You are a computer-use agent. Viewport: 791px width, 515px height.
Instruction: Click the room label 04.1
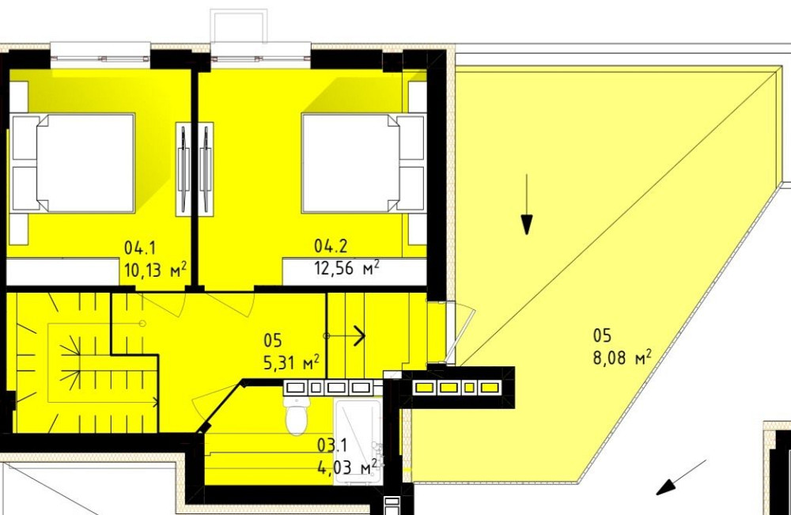pos(140,248)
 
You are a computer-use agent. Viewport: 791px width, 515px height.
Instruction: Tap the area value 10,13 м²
pos(155,269)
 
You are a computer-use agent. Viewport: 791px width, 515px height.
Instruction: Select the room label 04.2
pos(331,246)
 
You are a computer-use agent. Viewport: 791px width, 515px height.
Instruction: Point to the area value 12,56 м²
pos(346,267)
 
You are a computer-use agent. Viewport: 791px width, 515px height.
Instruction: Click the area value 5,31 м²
pos(291,362)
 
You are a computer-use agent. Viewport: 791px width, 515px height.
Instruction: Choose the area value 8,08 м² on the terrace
pos(622,357)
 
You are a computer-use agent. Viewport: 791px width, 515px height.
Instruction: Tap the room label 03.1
pos(332,445)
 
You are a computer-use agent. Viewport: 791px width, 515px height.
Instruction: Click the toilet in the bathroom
pos(297,415)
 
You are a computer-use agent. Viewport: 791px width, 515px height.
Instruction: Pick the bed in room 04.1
pos(74,163)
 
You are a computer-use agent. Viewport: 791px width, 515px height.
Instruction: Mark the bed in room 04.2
pos(363,163)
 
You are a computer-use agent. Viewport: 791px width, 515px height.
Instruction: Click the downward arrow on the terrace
pos(527,204)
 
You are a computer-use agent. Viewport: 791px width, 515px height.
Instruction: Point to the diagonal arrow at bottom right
pos(680,477)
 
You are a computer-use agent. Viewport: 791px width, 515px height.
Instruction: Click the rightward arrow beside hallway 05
pos(345,335)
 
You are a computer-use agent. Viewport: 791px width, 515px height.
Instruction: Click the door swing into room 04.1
pos(161,304)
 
